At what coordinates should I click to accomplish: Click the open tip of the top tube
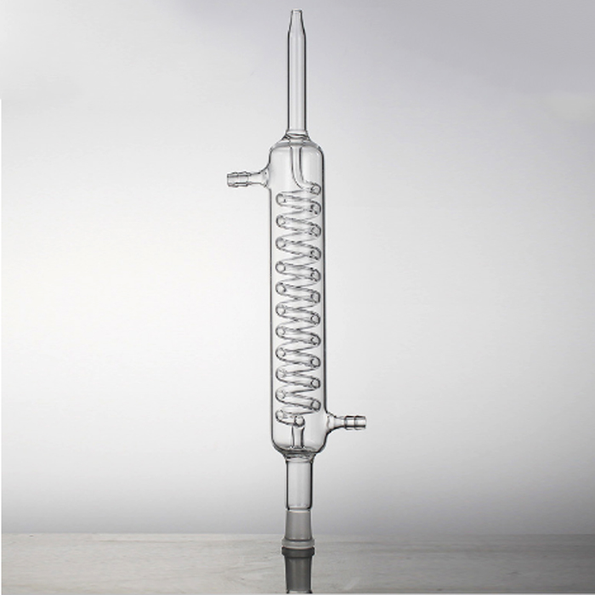[x=296, y=12]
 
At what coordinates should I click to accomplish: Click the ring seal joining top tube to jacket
[x=297, y=133]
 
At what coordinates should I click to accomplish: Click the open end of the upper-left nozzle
[x=229, y=178]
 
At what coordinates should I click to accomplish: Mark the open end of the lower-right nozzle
[x=365, y=422]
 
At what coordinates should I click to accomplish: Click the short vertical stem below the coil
[x=297, y=435]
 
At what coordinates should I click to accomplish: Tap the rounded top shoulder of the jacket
[x=297, y=144]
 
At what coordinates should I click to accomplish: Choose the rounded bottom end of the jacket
[x=297, y=449]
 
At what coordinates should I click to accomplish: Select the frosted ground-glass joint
[x=297, y=524]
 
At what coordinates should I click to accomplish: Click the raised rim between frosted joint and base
[x=297, y=552]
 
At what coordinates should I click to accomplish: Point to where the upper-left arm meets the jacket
[x=269, y=178]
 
